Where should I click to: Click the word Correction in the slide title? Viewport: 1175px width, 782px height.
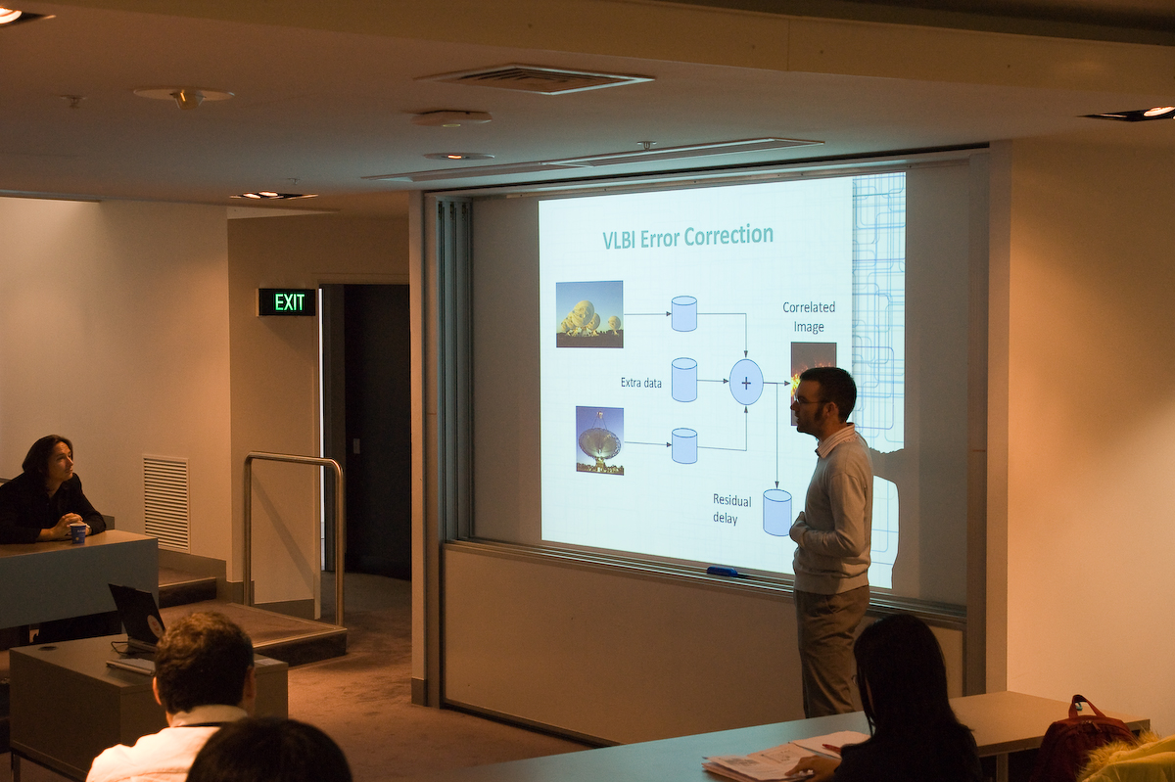tap(728, 236)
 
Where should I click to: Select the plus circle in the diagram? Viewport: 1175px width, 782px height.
tap(746, 383)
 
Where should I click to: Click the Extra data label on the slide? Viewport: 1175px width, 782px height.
tap(641, 383)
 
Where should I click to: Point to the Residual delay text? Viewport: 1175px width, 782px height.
tap(731, 510)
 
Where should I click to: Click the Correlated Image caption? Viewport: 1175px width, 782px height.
tap(809, 317)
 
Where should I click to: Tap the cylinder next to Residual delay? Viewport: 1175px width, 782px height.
tap(776, 513)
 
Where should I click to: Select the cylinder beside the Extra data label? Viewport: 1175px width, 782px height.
tap(684, 380)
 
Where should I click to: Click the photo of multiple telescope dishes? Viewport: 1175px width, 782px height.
tap(589, 314)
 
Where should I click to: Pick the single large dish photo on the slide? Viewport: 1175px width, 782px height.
tap(599, 440)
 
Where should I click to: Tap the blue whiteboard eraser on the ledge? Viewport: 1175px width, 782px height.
tap(723, 572)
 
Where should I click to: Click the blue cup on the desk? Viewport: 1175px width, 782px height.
tap(77, 533)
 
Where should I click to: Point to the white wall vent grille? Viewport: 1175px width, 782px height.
tap(165, 502)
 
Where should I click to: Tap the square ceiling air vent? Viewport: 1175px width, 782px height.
tap(534, 79)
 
